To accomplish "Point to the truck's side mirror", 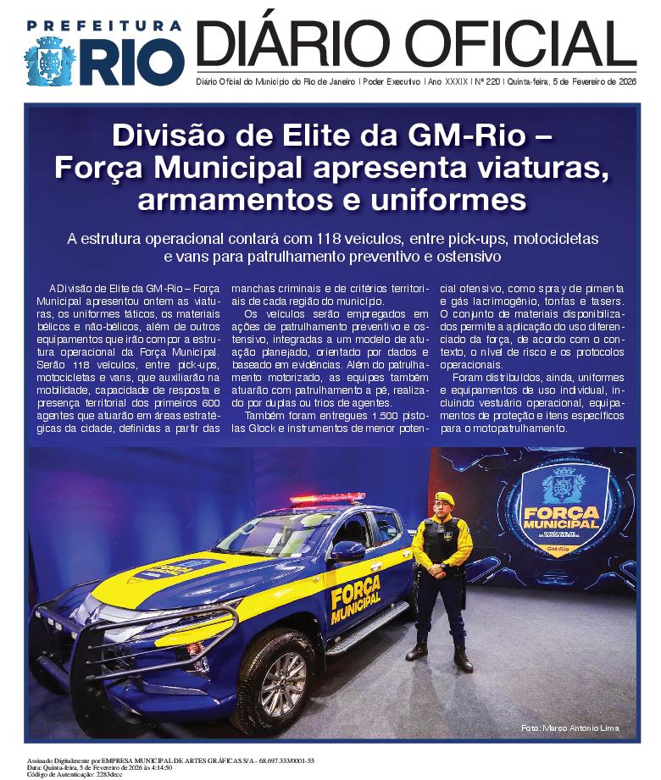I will pyautogui.click(x=348, y=551).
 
